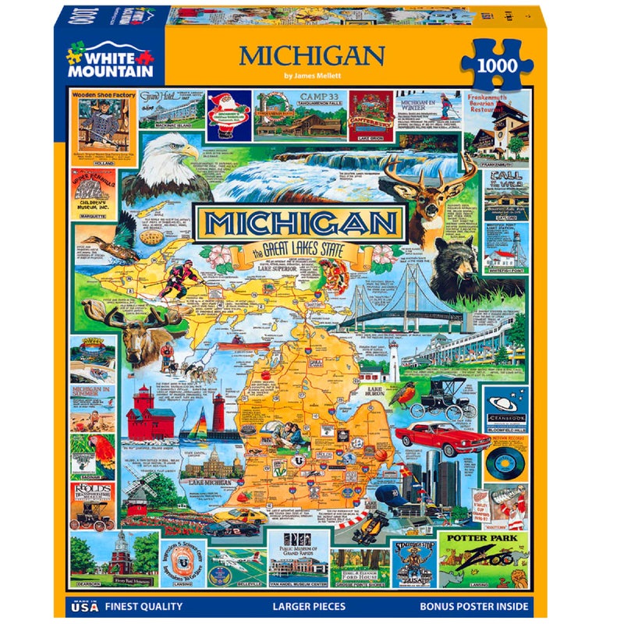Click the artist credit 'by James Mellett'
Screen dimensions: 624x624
312,76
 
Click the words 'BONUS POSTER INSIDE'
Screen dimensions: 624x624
474,605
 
